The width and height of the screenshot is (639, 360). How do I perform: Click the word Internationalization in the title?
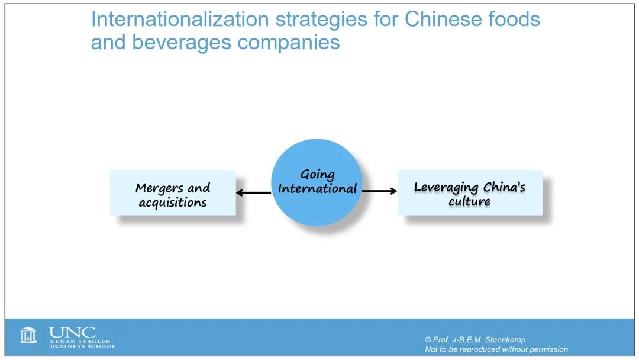pyautogui.click(x=180, y=19)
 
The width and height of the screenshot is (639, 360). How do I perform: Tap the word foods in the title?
pyautogui.click(x=511, y=19)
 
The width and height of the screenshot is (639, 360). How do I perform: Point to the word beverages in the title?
pyautogui.click(x=182, y=43)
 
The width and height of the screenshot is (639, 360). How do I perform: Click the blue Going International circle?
pyautogui.click(x=317, y=182)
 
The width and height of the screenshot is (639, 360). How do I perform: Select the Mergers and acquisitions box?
pyautogui.click(x=173, y=192)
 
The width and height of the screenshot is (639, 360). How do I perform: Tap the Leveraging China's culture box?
pyautogui.click(x=470, y=192)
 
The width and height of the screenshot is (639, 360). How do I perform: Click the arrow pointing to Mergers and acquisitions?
pyautogui.click(x=253, y=192)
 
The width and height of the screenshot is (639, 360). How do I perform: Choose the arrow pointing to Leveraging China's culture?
pyautogui.click(x=379, y=191)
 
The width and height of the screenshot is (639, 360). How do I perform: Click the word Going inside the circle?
pyautogui.click(x=318, y=175)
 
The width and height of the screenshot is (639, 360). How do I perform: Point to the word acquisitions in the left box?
pyautogui.click(x=173, y=202)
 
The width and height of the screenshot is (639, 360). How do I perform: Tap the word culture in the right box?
pyautogui.click(x=469, y=201)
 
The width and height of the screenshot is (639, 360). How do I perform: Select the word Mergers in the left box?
pyautogui.click(x=159, y=188)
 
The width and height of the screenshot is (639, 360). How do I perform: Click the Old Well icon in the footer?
pyautogui.click(x=28, y=336)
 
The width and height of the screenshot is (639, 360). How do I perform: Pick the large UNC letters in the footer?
pyautogui.click(x=73, y=332)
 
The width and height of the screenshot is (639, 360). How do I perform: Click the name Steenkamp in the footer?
pyautogui.click(x=505, y=340)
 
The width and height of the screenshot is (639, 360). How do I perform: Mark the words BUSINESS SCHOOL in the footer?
pyautogui.click(x=83, y=346)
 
